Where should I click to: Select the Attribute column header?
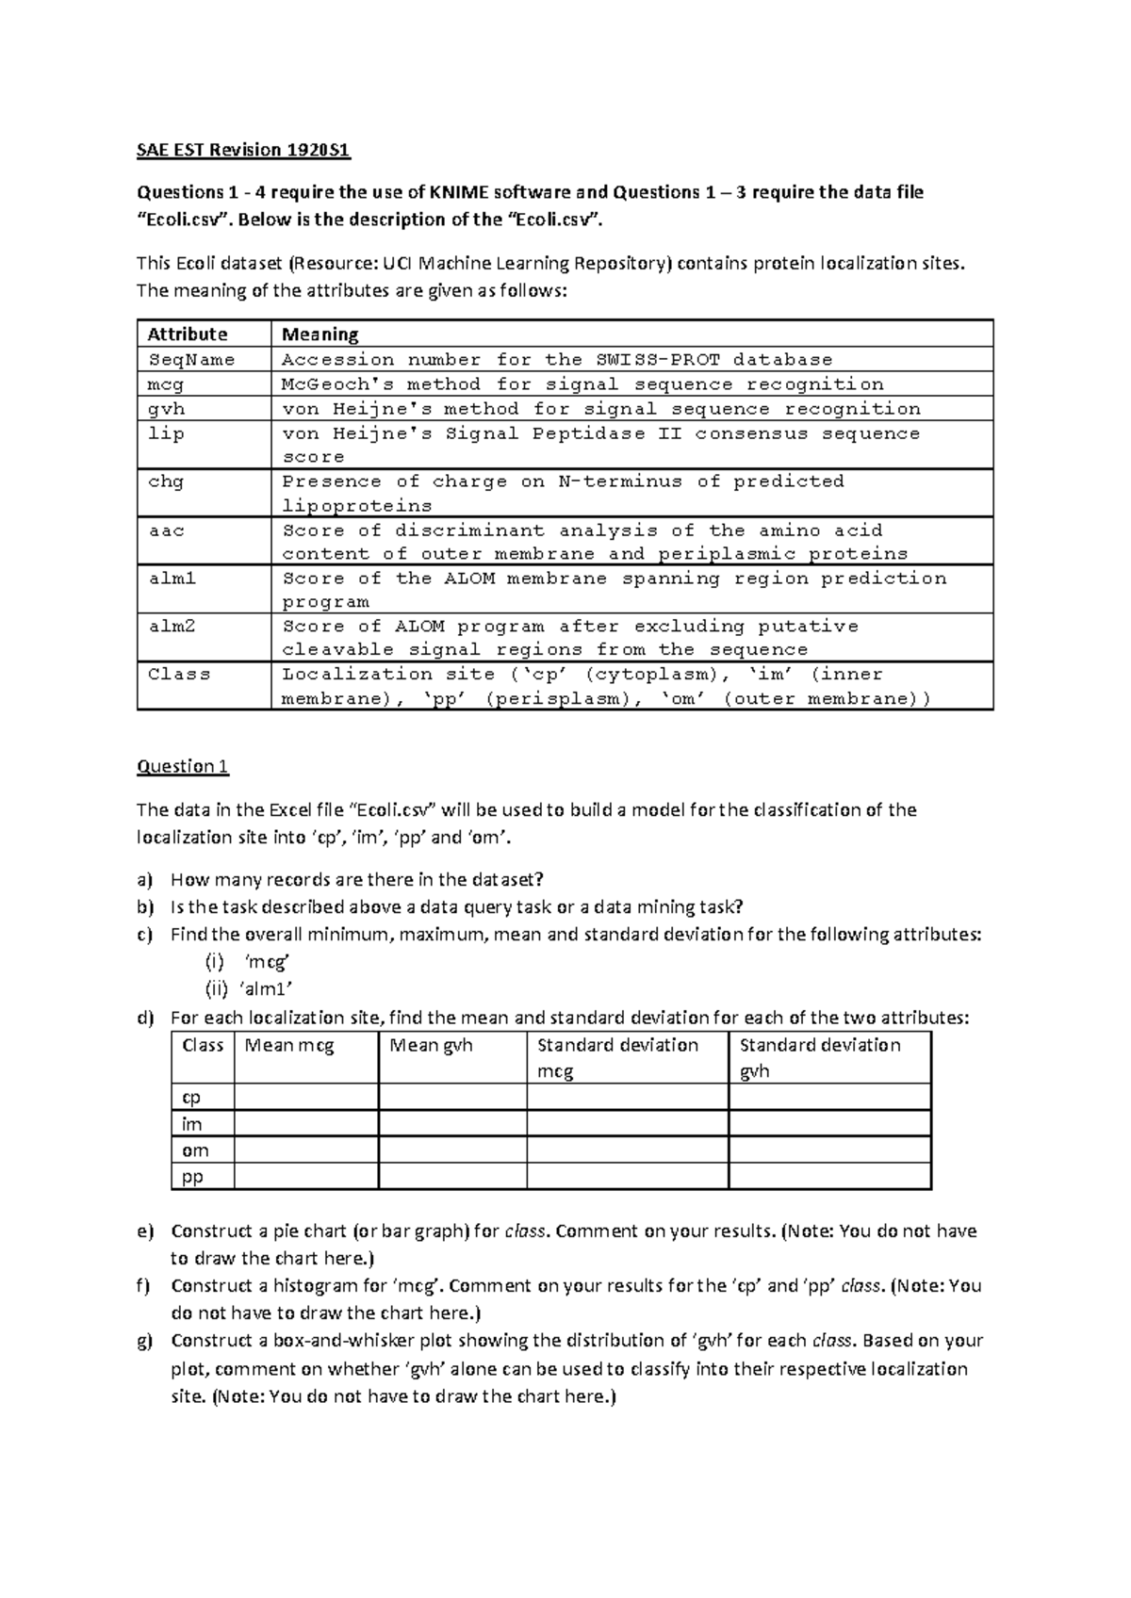click(188, 334)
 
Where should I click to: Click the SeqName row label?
click(191, 360)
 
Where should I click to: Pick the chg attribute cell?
click(166, 481)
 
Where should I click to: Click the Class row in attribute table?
click(179, 675)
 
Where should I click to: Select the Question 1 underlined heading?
click(183, 766)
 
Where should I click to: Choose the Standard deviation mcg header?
click(617, 1057)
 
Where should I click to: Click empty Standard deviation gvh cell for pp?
click(829, 1177)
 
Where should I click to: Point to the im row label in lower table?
click(192, 1124)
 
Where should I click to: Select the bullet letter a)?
click(144, 880)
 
